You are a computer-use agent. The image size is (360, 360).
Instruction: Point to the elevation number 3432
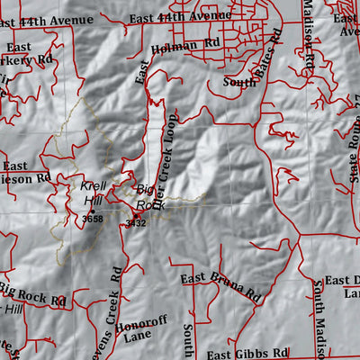click(135, 222)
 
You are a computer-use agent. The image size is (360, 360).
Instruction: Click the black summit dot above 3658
click(91, 211)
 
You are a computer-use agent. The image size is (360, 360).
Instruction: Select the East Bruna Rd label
click(220, 286)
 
